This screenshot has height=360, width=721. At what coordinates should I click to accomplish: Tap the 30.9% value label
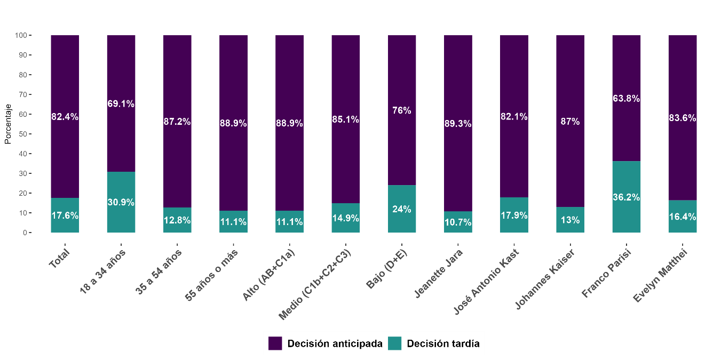click(121, 203)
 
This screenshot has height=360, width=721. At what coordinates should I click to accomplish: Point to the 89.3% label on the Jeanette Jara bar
click(458, 124)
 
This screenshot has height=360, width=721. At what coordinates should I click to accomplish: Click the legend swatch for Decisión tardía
click(394, 343)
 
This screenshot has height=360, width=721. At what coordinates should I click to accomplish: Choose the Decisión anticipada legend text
click(335, 343)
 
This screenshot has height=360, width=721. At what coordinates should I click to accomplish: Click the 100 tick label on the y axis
click(21, 35)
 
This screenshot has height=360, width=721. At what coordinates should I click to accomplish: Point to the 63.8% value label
click(626, 99)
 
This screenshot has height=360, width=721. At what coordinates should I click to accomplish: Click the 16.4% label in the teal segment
click(683, 217)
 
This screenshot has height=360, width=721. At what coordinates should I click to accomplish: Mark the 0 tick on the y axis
click(25, 233)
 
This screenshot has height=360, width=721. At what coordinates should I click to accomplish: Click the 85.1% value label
click(345, 119)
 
